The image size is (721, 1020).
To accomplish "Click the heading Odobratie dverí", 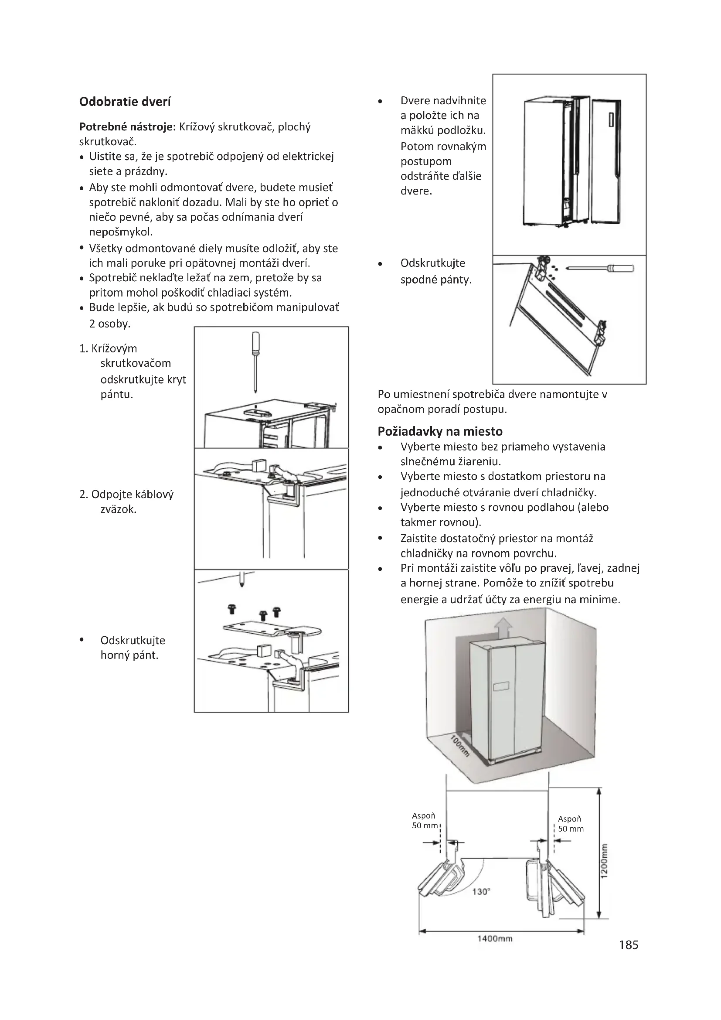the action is (125, 102).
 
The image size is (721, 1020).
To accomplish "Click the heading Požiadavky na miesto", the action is (440, 431).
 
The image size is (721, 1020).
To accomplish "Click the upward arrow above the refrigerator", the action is (504, 628).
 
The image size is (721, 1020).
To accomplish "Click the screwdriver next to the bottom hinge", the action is (601, 268).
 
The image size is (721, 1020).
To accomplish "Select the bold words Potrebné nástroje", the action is (127, 127).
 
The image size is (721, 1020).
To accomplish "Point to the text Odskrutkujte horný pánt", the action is (133, 648).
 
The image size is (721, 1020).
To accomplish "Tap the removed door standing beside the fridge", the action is (606, 161).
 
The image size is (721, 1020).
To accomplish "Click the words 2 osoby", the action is (110, 324).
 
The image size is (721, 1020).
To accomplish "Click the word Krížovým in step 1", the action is (114, 348).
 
